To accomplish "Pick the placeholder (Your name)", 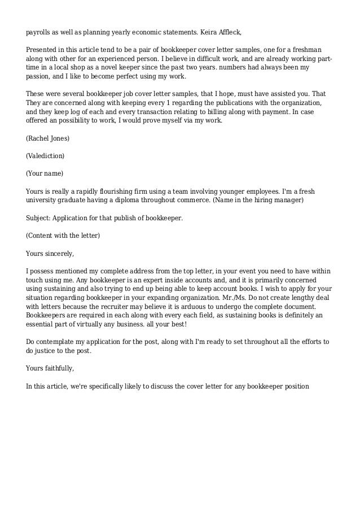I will click(45, 173).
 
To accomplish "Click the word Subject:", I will click(39, 217).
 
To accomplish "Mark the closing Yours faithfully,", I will click(50, 369).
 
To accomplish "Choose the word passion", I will click(39, 76).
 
